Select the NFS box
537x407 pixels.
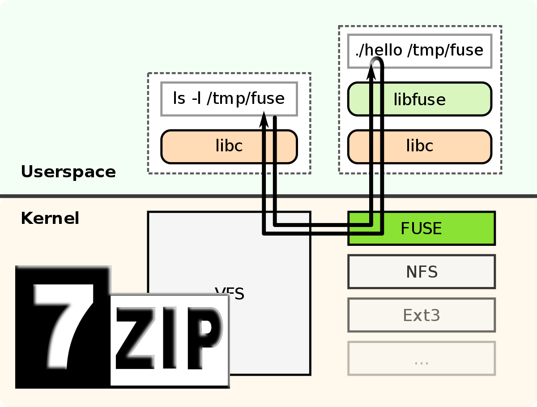coord(422,271)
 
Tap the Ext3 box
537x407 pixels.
coord(422,315)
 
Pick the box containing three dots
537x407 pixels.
coord(422,358)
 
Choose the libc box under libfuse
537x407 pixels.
coord(420,146)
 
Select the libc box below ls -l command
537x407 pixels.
coord(229,146)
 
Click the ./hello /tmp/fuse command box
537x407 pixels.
coord(419,51)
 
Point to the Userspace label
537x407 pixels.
coord(68,172)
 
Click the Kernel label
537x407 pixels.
coord(50,218)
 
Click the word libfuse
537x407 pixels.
coord(419,99)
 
